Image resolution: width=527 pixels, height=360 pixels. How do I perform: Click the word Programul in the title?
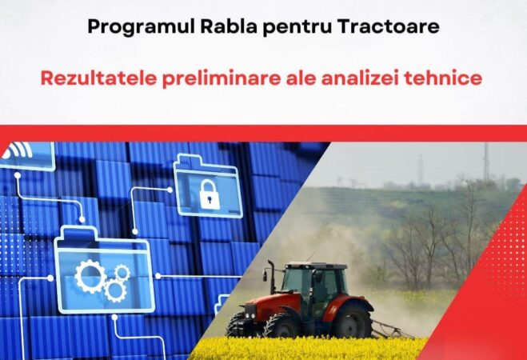point(129,26)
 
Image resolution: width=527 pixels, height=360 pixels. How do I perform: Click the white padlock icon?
point(210,194)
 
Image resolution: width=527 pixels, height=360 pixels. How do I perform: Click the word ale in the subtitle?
point(293,80)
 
